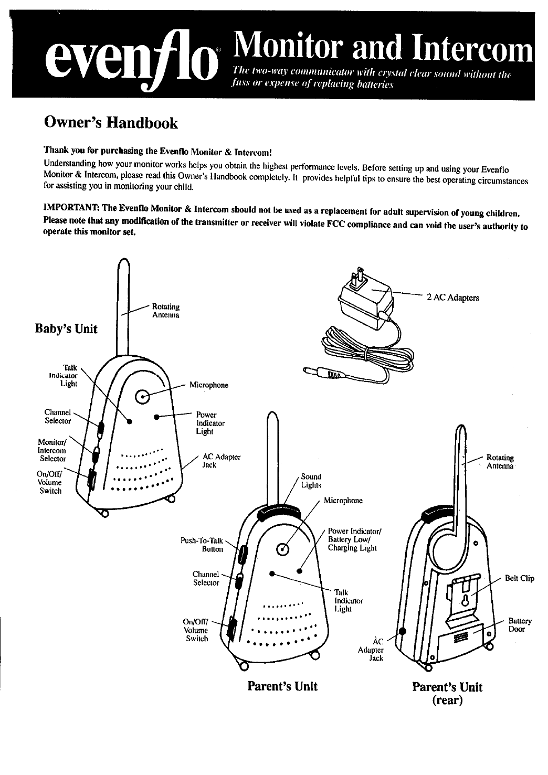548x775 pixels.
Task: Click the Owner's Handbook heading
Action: tap(111, 123)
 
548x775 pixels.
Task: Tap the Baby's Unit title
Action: tap(66, 329)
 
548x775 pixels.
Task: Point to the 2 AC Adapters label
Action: tap(453, 298)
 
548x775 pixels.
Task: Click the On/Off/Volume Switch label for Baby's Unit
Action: tap(50, 482)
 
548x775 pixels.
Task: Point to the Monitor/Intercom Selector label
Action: tap(52, 450)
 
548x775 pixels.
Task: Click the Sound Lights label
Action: tap(311, 481)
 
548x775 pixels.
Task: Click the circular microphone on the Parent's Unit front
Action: tap(283, 549)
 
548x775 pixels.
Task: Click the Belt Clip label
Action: tap(519, 578)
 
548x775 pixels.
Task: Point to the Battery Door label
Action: tap(520, 625)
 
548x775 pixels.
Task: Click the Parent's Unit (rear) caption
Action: tap(447, 693)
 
